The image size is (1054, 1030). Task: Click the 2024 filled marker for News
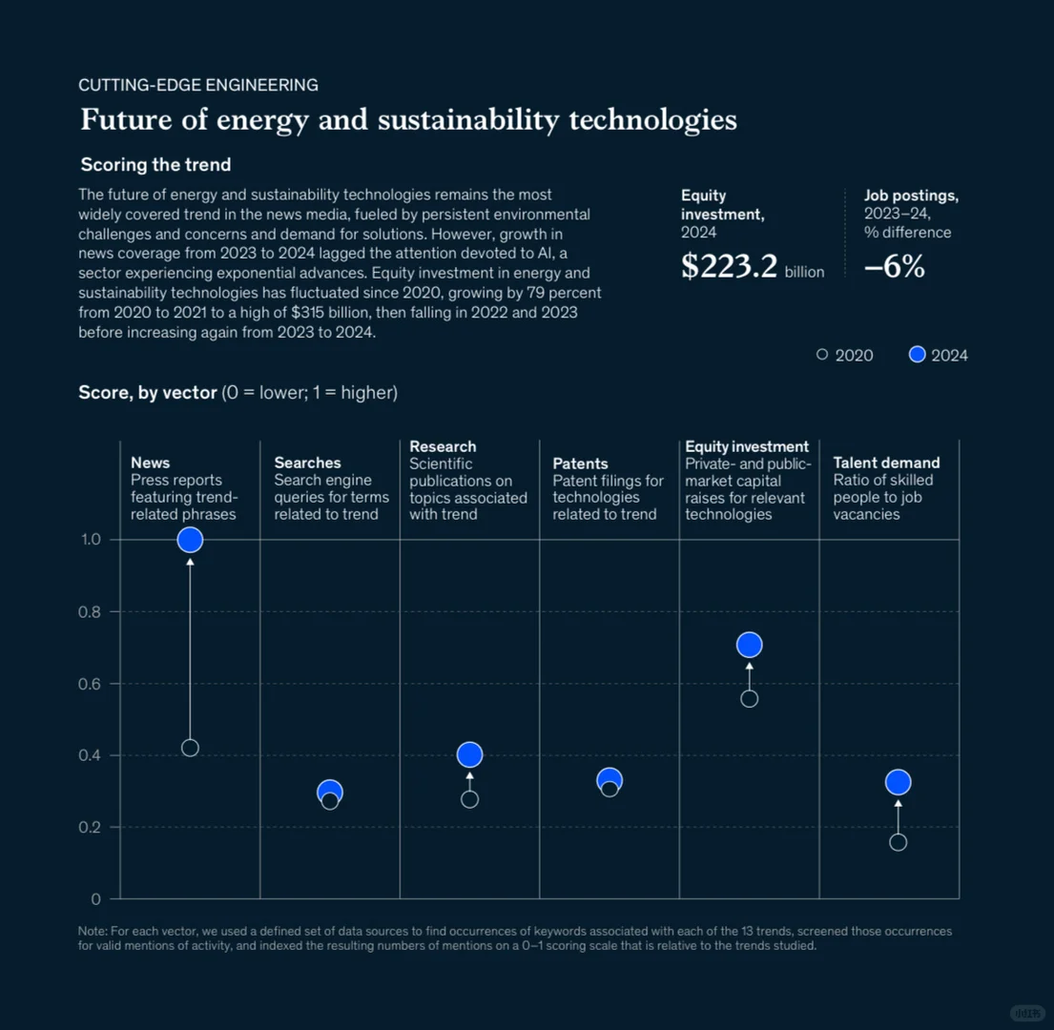click(190, 540)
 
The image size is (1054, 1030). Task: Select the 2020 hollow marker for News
click(190, 748)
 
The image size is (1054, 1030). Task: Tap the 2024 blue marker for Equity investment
click(750, 646)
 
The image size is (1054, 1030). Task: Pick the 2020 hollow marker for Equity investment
click(750, 699)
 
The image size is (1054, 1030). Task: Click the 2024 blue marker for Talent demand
click(898, 782)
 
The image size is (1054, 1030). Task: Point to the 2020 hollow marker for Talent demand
click(898, 842)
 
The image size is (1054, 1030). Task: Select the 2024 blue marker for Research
click(469, 754)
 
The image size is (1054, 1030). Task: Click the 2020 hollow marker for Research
click(469, 799)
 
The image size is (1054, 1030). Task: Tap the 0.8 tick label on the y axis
click(89, 612)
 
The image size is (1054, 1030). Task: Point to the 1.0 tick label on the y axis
click(89, 540)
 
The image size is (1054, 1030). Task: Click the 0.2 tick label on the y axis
click(89, 828)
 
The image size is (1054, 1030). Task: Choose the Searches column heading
click(307, 463)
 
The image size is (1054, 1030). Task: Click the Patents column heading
click(580, 463)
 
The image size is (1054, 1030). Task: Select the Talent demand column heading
click(886, 463)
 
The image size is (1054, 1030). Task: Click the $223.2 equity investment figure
click(730, 267)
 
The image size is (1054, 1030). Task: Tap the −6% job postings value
click(894, 267)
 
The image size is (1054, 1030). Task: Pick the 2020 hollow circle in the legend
click(822, 355)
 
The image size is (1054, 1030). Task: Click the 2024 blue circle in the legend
click(918, 355)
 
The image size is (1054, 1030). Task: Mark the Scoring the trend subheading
click(155, 165)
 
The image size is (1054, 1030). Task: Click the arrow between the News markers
click(190, 649)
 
